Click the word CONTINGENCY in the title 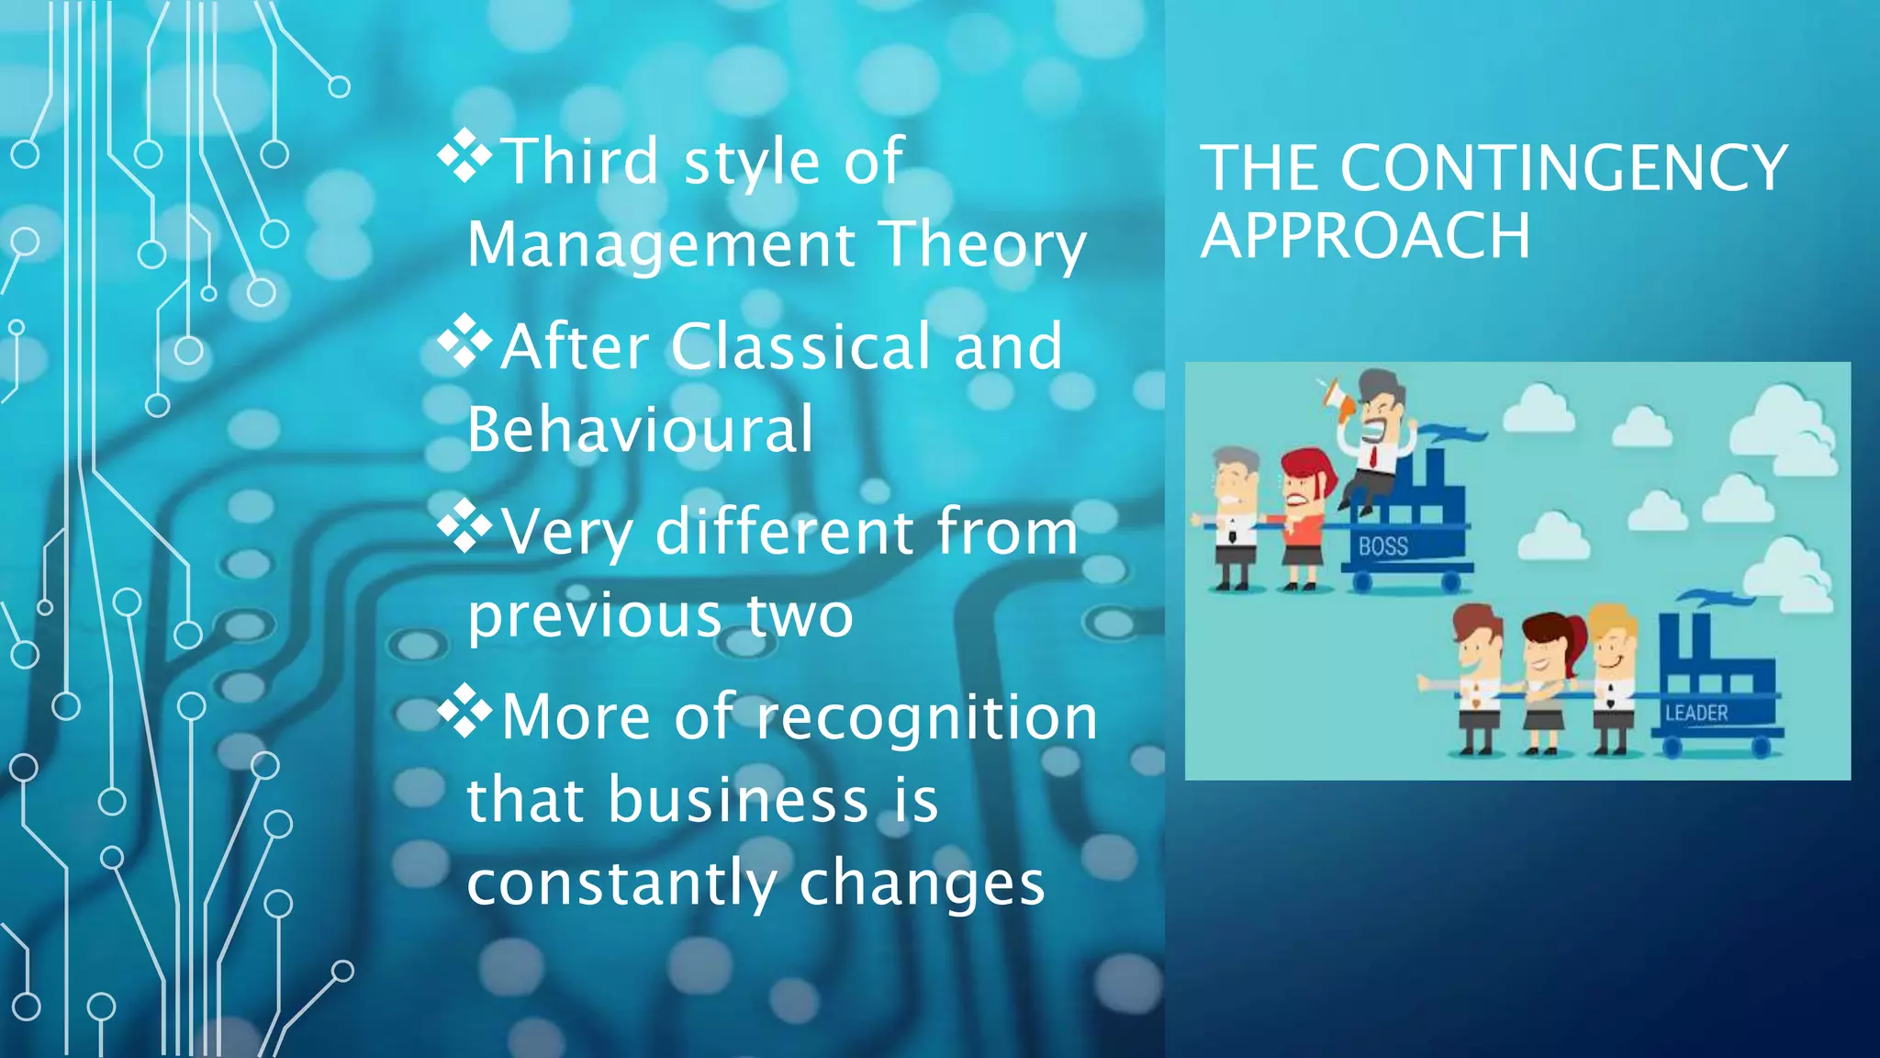click(1562, 168)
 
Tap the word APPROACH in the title click(1365, 236)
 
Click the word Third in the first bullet click(581, 162)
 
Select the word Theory click(981, 245)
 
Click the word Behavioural click(640, 429)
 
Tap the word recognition click(926, 718)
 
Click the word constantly click(621, 884)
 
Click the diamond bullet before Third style click(464, 156)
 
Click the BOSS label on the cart click(1382, 546)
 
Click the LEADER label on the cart click(1696, 713)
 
